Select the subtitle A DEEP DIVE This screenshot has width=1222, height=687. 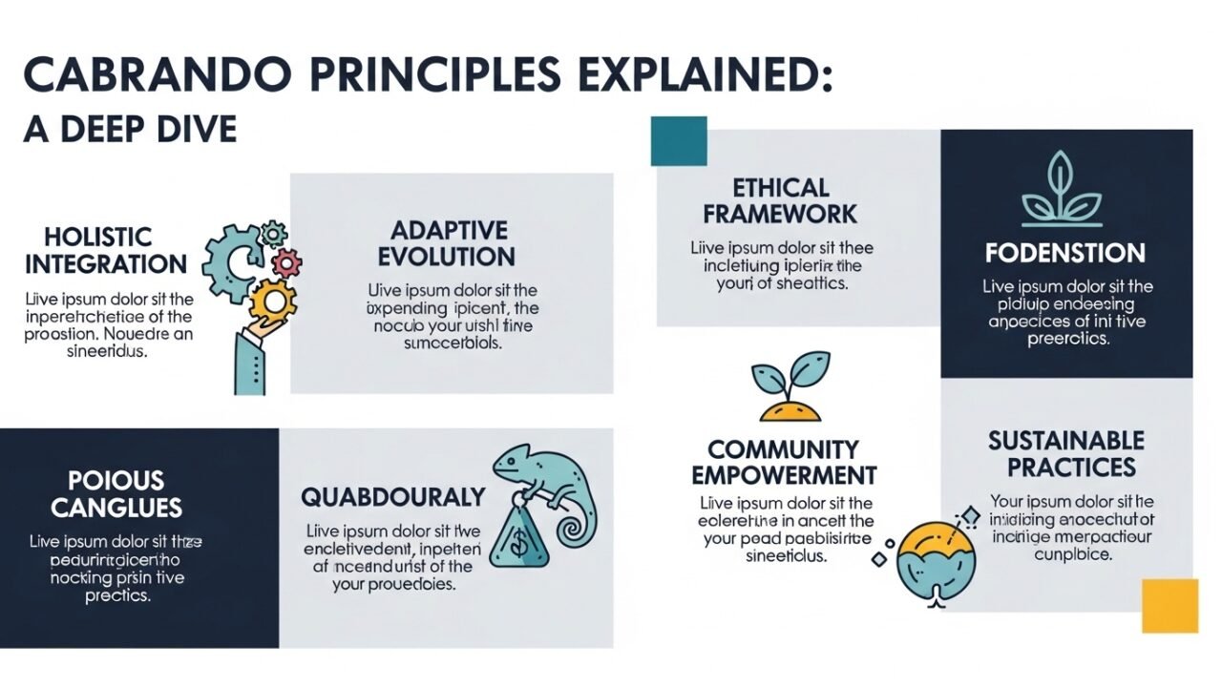tap(130, 129)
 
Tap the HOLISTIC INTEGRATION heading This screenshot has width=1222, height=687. tap(106, 250)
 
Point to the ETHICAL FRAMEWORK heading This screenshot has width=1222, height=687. tap(780, 200)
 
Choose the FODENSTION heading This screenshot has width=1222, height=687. tap(1064, 254)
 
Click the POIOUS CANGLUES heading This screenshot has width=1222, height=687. tap(116, 493)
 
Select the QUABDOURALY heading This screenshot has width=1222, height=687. tap(393, 497)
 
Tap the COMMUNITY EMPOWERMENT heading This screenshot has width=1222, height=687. tap(784, 462)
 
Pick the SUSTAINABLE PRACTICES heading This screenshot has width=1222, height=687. tap(1065, 454)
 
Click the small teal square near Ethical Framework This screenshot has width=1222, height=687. tap(678, 141)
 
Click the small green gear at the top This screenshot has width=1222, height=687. tap(274, 233)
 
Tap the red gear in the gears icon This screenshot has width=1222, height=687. tap(286, 262)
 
